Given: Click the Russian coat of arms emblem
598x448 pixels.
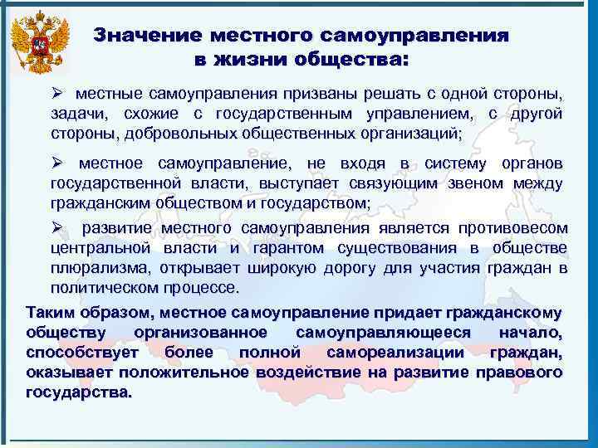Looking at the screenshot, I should point(37,43).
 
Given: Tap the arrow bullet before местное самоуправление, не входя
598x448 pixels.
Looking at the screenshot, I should point(57,163).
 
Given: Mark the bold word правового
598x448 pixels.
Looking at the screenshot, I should point(521,373).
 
